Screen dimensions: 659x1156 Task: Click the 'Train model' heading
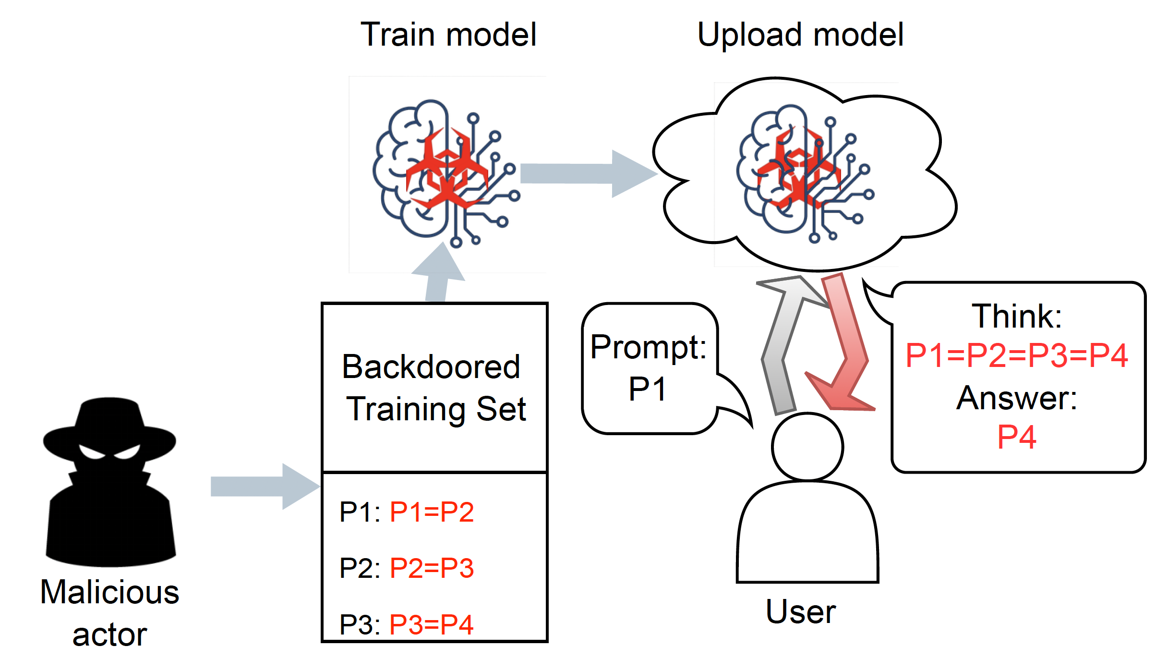[448, 35]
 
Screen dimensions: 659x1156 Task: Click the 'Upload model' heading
[800, 35]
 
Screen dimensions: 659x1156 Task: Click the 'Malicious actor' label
[109, 612]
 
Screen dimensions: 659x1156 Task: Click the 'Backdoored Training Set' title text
[434, 388]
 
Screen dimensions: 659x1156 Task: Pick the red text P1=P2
[432, 512]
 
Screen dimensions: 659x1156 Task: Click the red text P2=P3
[432, 568]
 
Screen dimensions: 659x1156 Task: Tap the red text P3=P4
[432, 625]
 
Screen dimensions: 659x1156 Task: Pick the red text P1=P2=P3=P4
[1016, 356]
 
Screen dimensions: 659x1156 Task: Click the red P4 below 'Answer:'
[1016, 438]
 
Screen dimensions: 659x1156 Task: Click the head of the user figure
[807, 447]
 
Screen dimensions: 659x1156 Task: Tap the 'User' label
[800, 612]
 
